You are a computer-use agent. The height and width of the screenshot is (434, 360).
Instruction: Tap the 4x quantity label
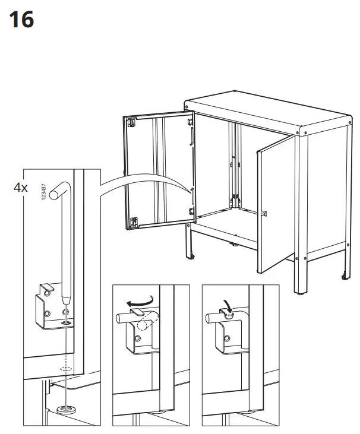tap(21, 188)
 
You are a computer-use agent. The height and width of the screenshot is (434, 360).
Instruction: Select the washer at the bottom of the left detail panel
tap(64, 410)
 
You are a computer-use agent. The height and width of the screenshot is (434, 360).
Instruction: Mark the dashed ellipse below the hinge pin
tap(65, 369)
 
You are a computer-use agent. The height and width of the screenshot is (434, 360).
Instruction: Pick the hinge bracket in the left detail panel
tap(48, 304)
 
